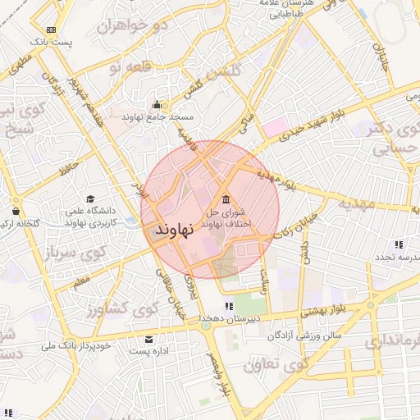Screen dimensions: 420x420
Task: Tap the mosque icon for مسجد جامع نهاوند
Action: pos(157,104)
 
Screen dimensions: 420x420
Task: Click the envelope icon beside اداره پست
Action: pos(148,339)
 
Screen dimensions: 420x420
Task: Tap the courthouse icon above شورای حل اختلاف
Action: pos(226,199)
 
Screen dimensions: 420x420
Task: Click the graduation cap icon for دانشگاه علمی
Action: pos(90,199)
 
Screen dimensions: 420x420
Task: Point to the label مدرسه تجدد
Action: pos(393,257)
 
